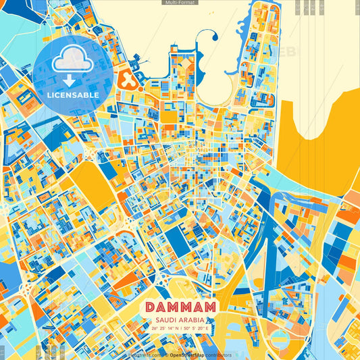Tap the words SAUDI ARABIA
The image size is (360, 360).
(180, 319)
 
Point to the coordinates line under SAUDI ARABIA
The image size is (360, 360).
(180, 328)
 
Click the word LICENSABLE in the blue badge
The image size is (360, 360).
(73, 95)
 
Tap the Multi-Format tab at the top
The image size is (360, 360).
(180, 3)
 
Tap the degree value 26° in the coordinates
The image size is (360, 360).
(155, 328)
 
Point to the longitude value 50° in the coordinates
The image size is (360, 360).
(185, 328)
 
